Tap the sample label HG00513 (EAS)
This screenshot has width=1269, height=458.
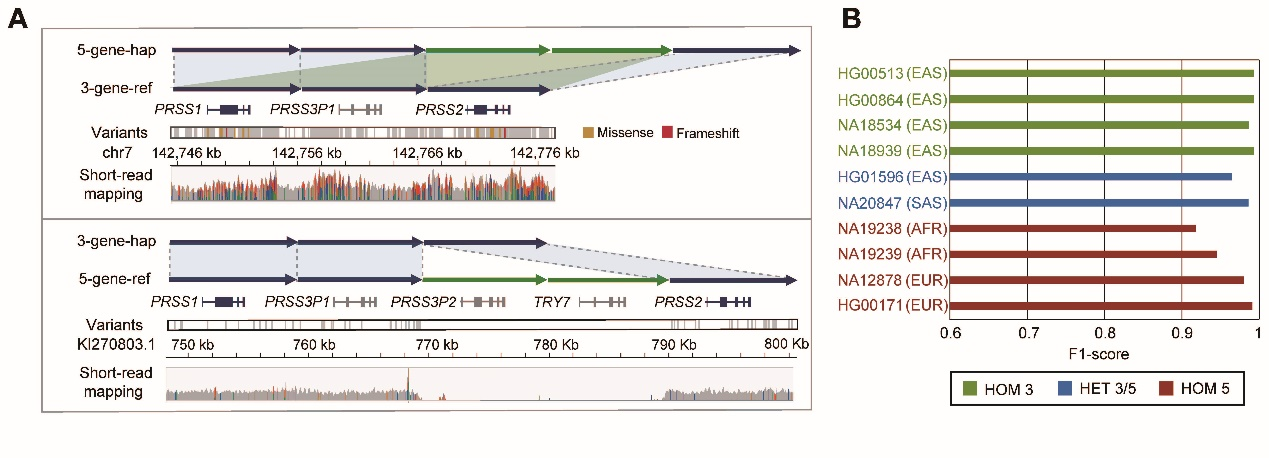click(896, 73)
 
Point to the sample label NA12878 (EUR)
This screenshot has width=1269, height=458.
click(895, 280)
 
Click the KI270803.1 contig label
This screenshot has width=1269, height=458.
click(116, 343)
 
